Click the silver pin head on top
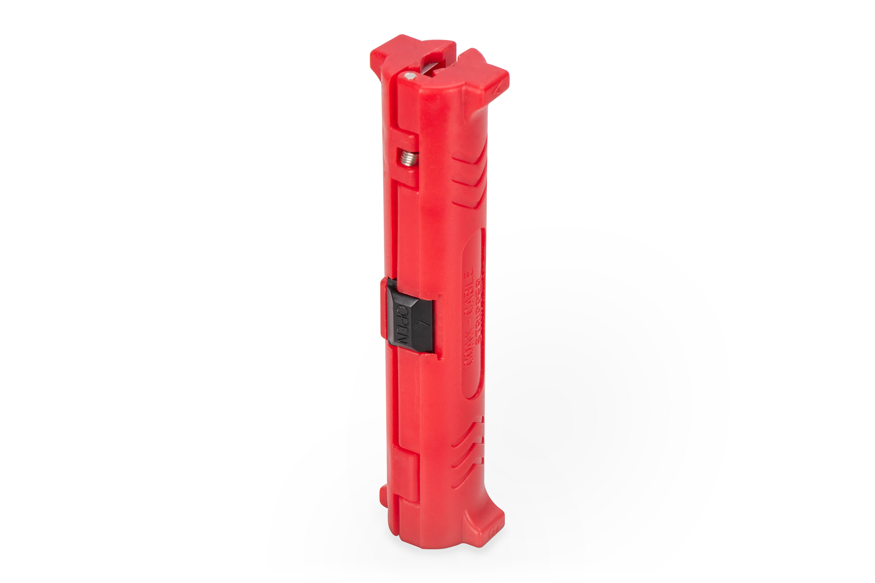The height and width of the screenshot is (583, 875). (x=409, y=76)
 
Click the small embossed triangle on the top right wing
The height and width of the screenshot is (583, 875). (x=497, y=89)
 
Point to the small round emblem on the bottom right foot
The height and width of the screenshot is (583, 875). (x=496, y=530)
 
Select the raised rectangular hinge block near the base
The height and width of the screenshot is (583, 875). (x=405, y=472)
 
